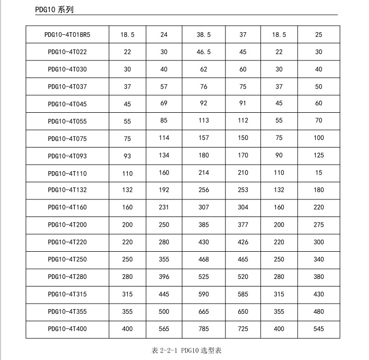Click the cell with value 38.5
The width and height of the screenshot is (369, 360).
click(x=203, y=35)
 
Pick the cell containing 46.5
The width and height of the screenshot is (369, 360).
click(x=203, y=52)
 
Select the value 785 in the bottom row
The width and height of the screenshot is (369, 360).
click(x=203, y=329)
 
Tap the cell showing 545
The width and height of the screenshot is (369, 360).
click(x=318, y=329)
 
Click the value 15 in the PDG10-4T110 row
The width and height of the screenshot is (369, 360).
click(x=318, y=173)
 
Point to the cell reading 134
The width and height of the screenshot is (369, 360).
click(x=164, y=156)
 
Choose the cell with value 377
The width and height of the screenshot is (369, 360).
click(x=243, y=225)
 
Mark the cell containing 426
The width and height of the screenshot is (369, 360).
click(x=243, y=242)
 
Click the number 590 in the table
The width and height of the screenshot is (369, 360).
click(x=203, y=294)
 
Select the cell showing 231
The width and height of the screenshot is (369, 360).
click(x=164, y=207)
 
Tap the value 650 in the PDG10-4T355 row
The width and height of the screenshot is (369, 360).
click(x=243, y=312)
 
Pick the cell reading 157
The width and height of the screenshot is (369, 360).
click(x=203, y=138)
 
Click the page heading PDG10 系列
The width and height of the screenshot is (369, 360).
click(x=55, y=10)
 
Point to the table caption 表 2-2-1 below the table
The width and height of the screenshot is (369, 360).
click(x=186, y=349)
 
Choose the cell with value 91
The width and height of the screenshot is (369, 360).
click(x=243, y=104)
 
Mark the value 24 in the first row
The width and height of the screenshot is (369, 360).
click(x=164, y=35)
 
